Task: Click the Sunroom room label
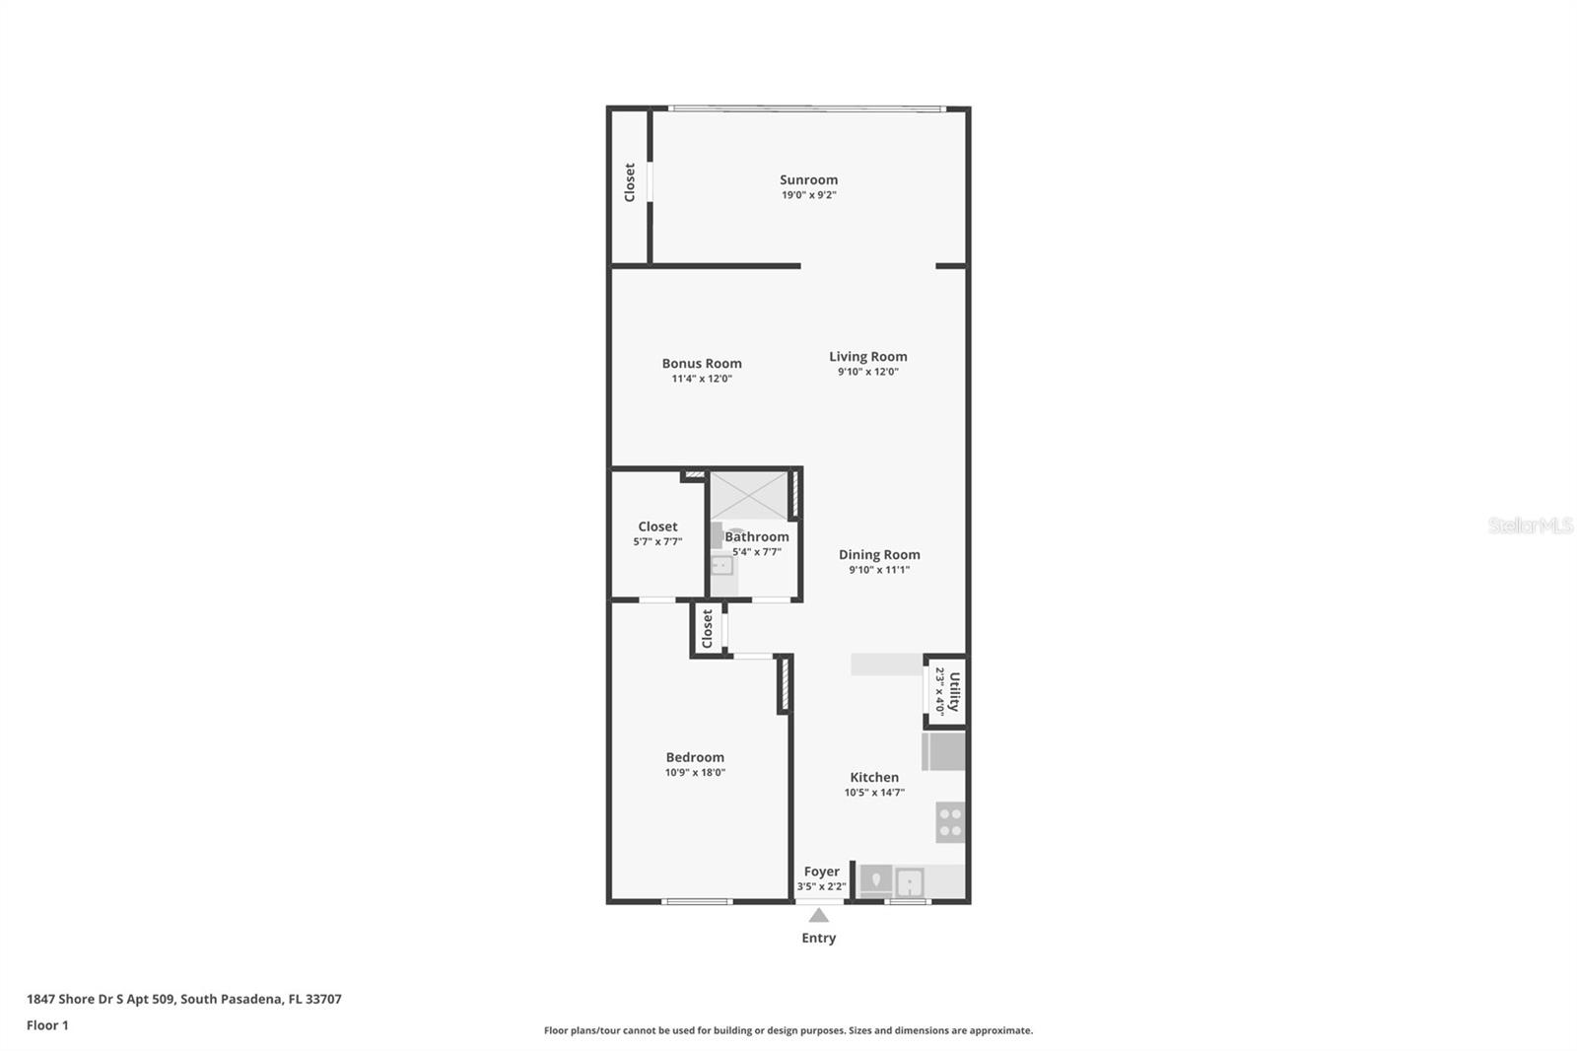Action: pos(808,179)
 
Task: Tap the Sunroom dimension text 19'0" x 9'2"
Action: pos(808,195)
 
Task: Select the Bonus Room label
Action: pos(702,363)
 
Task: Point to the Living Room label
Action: pos(867,356)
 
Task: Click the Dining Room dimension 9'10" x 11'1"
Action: pos(879,570)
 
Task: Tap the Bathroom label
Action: pos(757,536)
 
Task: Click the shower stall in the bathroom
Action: pos(749,495)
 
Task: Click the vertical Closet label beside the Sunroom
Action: pos(630,183)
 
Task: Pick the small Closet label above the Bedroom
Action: pos(707,629)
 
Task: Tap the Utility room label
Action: pos(953,691)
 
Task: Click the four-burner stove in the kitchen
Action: pos(950,822)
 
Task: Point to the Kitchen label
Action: pos(874,777)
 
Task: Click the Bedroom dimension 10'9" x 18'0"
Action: pos(695,773)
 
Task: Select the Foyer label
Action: pos(821,872)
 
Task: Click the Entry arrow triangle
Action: pos(819,916)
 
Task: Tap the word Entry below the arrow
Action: pos(818,938)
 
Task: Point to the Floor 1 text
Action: pos(47,1025)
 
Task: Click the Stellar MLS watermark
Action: pos(1530,526)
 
